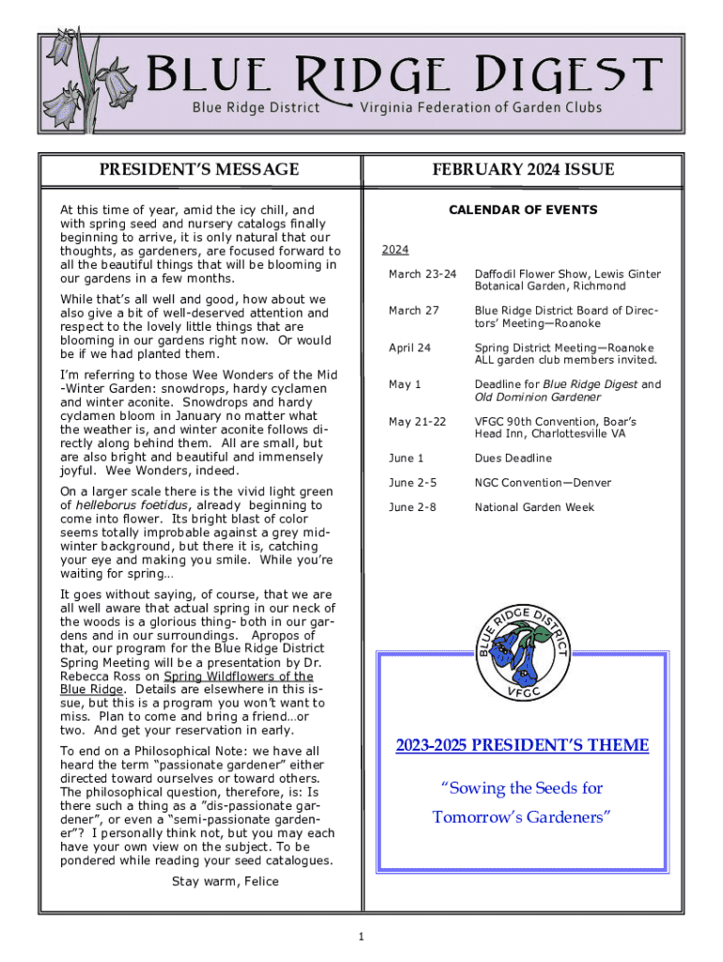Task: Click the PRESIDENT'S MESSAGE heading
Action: [199, 170]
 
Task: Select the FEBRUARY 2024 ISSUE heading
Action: [523, 170]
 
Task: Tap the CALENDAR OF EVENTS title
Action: [522, 209]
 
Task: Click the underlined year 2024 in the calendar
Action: [395, 250]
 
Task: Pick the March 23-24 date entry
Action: [423, 273]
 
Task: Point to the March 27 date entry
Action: [413, 310]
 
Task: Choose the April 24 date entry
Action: [409, 348]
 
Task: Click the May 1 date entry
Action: [405, 384]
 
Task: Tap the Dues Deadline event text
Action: [513, 458]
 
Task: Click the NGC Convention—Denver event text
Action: [543, 483]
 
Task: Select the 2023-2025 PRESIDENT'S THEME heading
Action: [522, 746]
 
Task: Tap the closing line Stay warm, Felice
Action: [224, 881]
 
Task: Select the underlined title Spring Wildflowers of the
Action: [238, 676]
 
